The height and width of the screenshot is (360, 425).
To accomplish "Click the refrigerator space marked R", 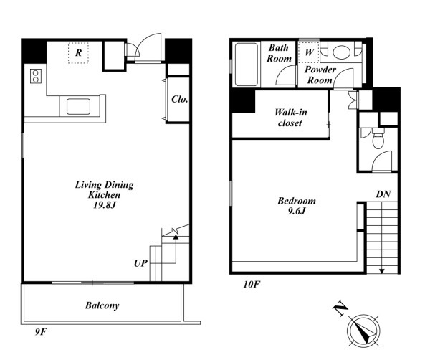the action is click(79, 53).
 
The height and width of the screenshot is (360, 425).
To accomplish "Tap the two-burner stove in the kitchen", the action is click(36, 76).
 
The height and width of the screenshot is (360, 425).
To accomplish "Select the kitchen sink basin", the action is click(79, 107).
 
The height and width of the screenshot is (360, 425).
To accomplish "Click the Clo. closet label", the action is click(179, 99).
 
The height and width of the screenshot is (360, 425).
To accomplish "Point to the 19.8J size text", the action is click(105, 205).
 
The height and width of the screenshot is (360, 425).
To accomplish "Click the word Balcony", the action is click(102, 305).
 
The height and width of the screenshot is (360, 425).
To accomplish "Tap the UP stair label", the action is click(140, 263).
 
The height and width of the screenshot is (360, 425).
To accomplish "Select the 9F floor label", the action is click(41, 331).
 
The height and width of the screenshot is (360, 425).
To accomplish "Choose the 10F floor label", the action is click(252, 284).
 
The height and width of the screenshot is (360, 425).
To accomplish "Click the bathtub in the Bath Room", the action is click(246, 65).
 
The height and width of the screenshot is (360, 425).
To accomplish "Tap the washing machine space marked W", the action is click(309, 52).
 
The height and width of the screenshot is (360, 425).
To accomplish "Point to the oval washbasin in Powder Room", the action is click(342, 52).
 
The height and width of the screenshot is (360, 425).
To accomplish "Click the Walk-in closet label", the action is click(290, 118).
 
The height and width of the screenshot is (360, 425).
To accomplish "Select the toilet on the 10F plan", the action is click(378, 138).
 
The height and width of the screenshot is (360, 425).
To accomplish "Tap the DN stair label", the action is click(383, 194).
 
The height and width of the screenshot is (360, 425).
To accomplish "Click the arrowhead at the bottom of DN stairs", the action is click(382, 271).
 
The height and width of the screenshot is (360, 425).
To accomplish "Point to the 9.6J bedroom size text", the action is click(297, 211).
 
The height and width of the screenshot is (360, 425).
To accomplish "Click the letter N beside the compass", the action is click(340, 308).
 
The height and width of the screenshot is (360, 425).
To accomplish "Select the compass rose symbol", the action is click(363, 331).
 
